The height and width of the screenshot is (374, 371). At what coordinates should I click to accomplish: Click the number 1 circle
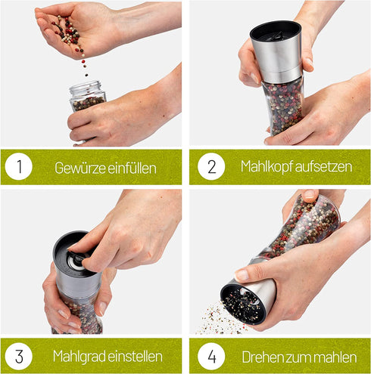[x=19, y=166]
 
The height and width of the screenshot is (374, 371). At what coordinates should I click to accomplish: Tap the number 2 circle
[x=211, y=166]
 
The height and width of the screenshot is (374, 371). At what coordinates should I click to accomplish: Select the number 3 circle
[x=19, y=356]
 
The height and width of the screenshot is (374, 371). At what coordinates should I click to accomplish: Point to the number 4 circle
[x=211, y=356]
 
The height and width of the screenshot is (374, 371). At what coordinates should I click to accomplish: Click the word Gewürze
[x=80, y=168]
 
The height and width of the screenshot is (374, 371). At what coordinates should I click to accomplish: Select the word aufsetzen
[x=323, y=167]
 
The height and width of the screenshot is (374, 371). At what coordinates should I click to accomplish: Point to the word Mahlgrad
[x=79, y=357]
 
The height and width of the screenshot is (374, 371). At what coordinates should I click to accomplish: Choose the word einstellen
[x=135, y=357]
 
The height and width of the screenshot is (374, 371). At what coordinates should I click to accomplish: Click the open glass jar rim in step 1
[x=86, y=86]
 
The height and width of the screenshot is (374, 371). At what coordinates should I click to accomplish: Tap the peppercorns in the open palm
[x=69, y=32]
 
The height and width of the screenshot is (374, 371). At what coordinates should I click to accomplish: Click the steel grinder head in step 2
[x=276, y=51]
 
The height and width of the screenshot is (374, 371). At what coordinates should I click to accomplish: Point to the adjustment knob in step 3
[x=75, y=260]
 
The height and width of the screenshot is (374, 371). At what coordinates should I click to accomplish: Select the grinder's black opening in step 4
[x=242, y=304]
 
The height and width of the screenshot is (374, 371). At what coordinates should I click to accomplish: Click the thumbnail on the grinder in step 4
[x=242, y=274]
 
